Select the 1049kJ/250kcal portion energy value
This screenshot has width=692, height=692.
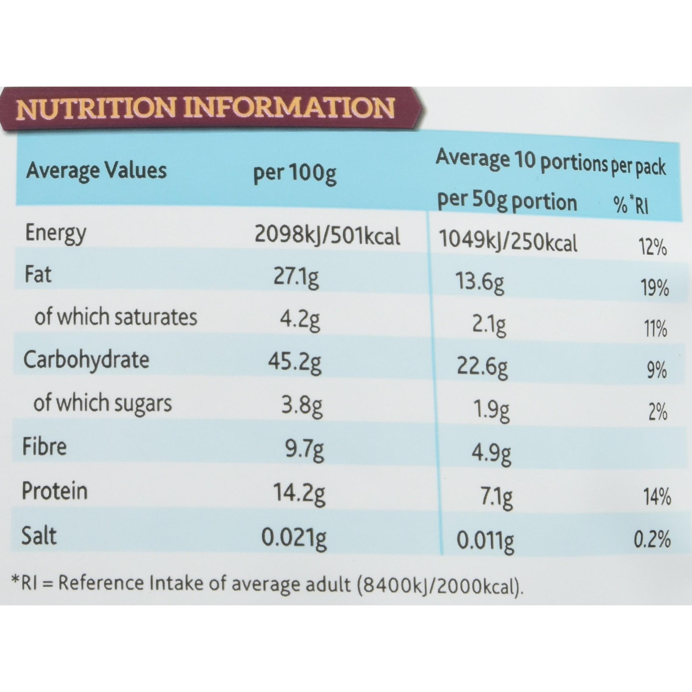pos(508,242)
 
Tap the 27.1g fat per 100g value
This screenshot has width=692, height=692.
pos(296,278)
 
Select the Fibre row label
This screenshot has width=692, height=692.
pos(45,447)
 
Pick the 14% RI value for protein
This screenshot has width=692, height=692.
pos(658,498)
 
